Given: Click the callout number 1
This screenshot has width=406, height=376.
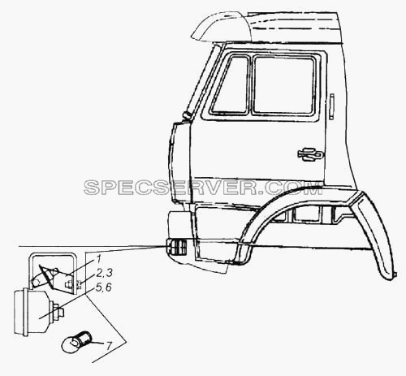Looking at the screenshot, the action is (97, 260).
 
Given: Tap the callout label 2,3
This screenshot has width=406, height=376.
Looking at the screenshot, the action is (104, 273).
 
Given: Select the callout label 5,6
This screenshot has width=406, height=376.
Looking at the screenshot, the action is (104, 287).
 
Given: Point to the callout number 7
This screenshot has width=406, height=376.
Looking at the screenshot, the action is (108, 346).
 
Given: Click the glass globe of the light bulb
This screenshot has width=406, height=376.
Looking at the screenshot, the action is (70, 345).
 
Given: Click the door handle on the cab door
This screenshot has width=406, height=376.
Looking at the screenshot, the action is (310, 154).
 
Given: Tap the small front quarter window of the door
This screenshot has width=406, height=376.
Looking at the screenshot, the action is (231, 84).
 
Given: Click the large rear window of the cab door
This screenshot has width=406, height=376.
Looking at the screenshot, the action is (284, 85).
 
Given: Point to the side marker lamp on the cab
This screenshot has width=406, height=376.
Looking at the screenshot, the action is (176, 248).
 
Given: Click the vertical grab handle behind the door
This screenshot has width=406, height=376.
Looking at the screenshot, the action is (332, 106).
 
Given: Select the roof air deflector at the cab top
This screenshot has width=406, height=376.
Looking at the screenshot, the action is (219, 27).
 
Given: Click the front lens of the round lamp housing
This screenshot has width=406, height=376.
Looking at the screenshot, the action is (19, 312).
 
